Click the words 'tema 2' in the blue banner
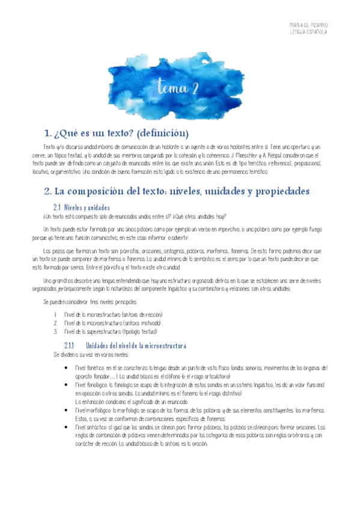178,88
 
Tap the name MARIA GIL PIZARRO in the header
308,25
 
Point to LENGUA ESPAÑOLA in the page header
308,32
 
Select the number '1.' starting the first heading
49,133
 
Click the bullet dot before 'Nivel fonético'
68,367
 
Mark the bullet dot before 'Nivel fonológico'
68,384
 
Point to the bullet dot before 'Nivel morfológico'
68,409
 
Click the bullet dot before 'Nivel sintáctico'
68,426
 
